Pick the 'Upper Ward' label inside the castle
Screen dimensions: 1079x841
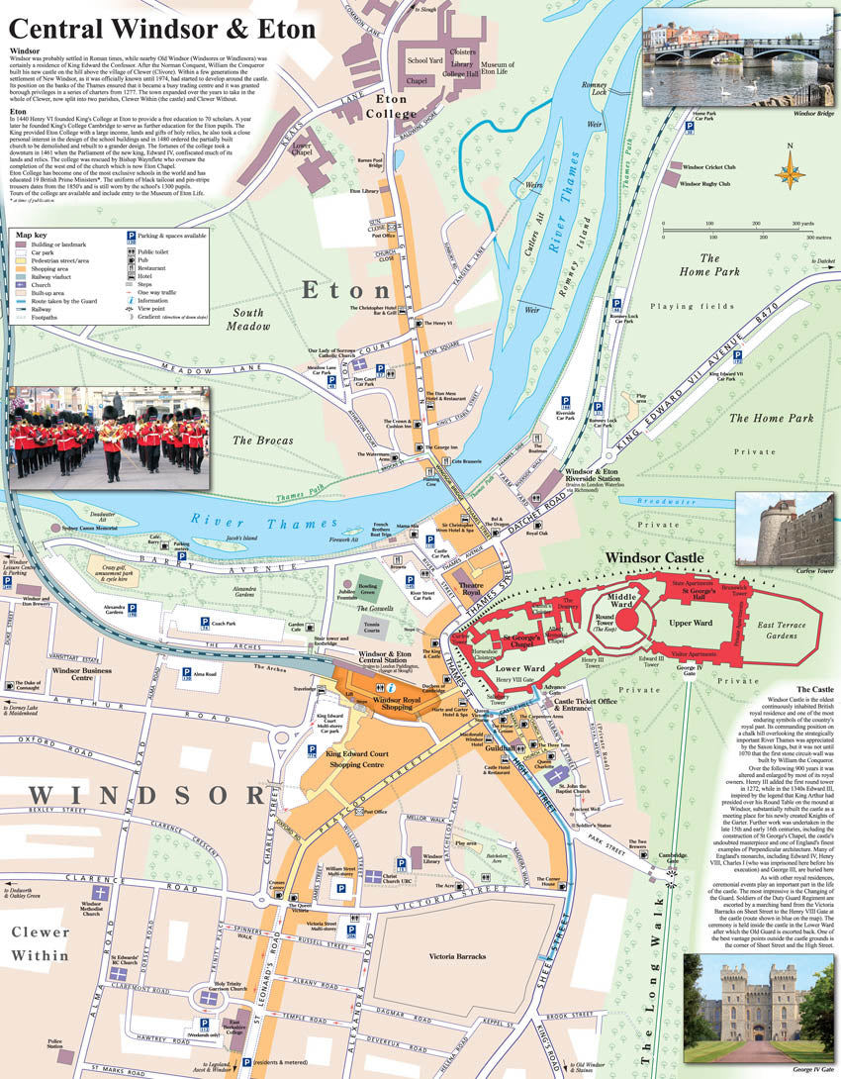(x=691, y=624)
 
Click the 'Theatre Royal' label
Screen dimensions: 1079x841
(x=467, y=585)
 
